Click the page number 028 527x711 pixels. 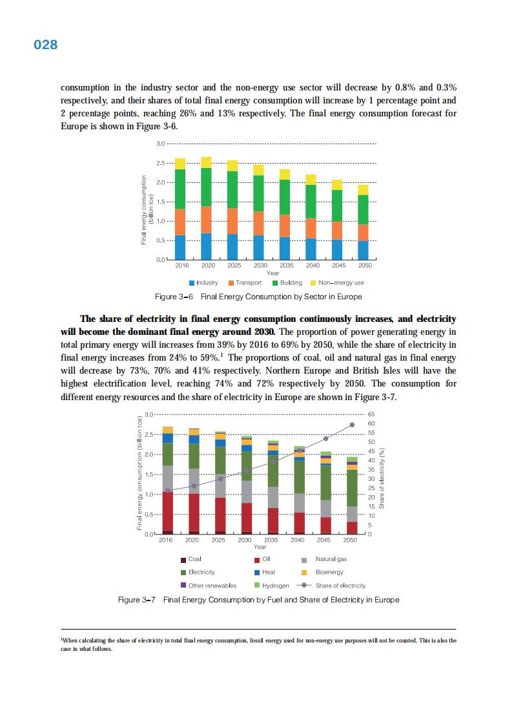45,45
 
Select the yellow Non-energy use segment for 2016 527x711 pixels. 180,164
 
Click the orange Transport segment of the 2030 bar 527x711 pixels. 258,223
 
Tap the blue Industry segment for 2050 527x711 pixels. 363,250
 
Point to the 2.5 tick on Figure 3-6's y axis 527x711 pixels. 161,163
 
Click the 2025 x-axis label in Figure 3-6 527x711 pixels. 232,266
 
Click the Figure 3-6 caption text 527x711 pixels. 258,297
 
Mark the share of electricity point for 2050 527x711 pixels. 352,425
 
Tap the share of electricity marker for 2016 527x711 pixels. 168,491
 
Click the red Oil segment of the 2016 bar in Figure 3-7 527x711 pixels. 168,511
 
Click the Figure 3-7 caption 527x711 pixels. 258,600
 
